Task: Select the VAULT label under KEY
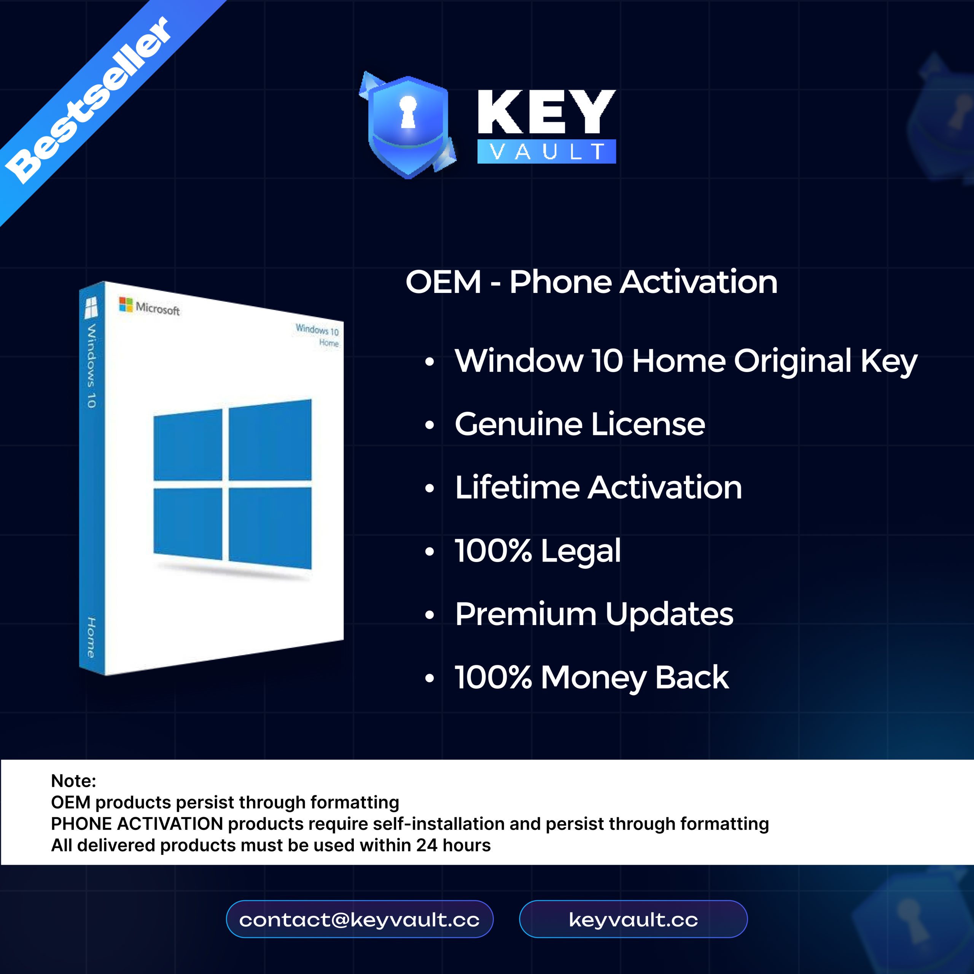(546, 151)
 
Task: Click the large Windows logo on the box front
(232, 484)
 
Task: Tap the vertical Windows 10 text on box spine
(91, 366)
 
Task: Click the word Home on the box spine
(91, 637)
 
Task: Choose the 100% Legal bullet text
(538, 551)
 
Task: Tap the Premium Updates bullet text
(594, 614)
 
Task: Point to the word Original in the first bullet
(793, 362)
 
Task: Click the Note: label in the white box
(73, 781)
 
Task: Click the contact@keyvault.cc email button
(360, 919)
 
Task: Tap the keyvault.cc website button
(633, 919)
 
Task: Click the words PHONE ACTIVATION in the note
(137, 824)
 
